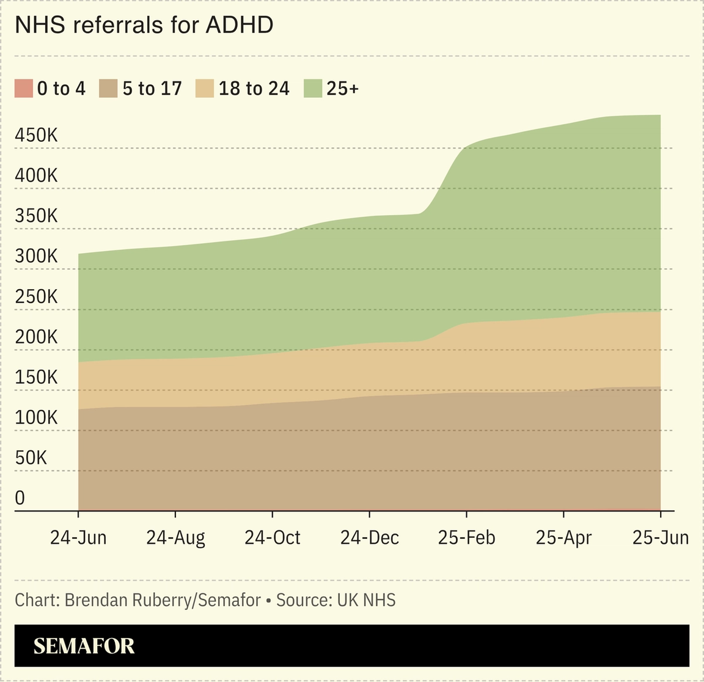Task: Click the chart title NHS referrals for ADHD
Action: (x=144, y=25)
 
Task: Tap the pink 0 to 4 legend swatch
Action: (x=23, y=89)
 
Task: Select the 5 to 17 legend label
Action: (x=152, y=89)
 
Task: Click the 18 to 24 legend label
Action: (x=254, y=89)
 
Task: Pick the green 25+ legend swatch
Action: (x=312, y=89)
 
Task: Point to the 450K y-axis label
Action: (x=36, y=135)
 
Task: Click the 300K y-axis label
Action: (x=36, y=256)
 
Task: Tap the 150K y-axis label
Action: (x=36, y=377)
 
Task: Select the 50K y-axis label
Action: (x=31, y=458)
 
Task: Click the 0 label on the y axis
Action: (x=20, y=498)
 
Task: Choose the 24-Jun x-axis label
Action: (x=78, y=538)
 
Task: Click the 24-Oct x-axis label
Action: (x=273, y=538)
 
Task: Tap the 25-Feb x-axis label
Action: (x=466, y=538)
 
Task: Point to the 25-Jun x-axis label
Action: (x=660, y=538)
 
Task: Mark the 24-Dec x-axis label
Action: (x=369, y=538)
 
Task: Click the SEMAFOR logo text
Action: (x=84, y=646)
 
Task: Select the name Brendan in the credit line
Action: (x=91, y=600)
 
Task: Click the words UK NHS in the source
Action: (x=366, y=600)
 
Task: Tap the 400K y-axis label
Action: (x=36, y=175)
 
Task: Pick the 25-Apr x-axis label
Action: (x=563, y=538)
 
